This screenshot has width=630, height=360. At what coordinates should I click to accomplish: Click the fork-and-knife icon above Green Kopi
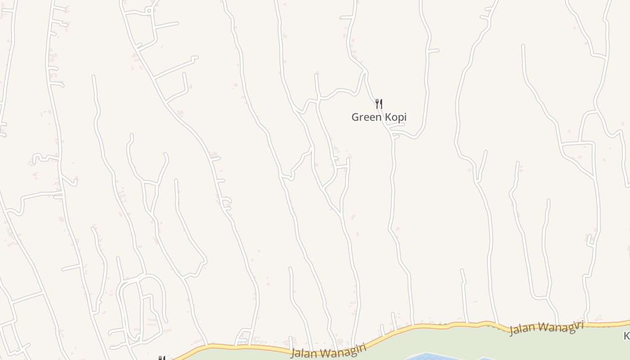[379, 104]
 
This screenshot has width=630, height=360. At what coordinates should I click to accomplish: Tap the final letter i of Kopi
[405, 117]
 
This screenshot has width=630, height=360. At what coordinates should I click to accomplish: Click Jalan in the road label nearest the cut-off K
[519, 329]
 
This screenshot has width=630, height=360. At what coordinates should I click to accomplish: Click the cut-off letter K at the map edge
[626, 336]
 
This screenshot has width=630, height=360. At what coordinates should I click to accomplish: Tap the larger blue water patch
[427, 357]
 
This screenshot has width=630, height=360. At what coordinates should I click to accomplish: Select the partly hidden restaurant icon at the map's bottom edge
[161, 358]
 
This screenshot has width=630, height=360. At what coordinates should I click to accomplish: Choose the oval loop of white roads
[140, 306]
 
